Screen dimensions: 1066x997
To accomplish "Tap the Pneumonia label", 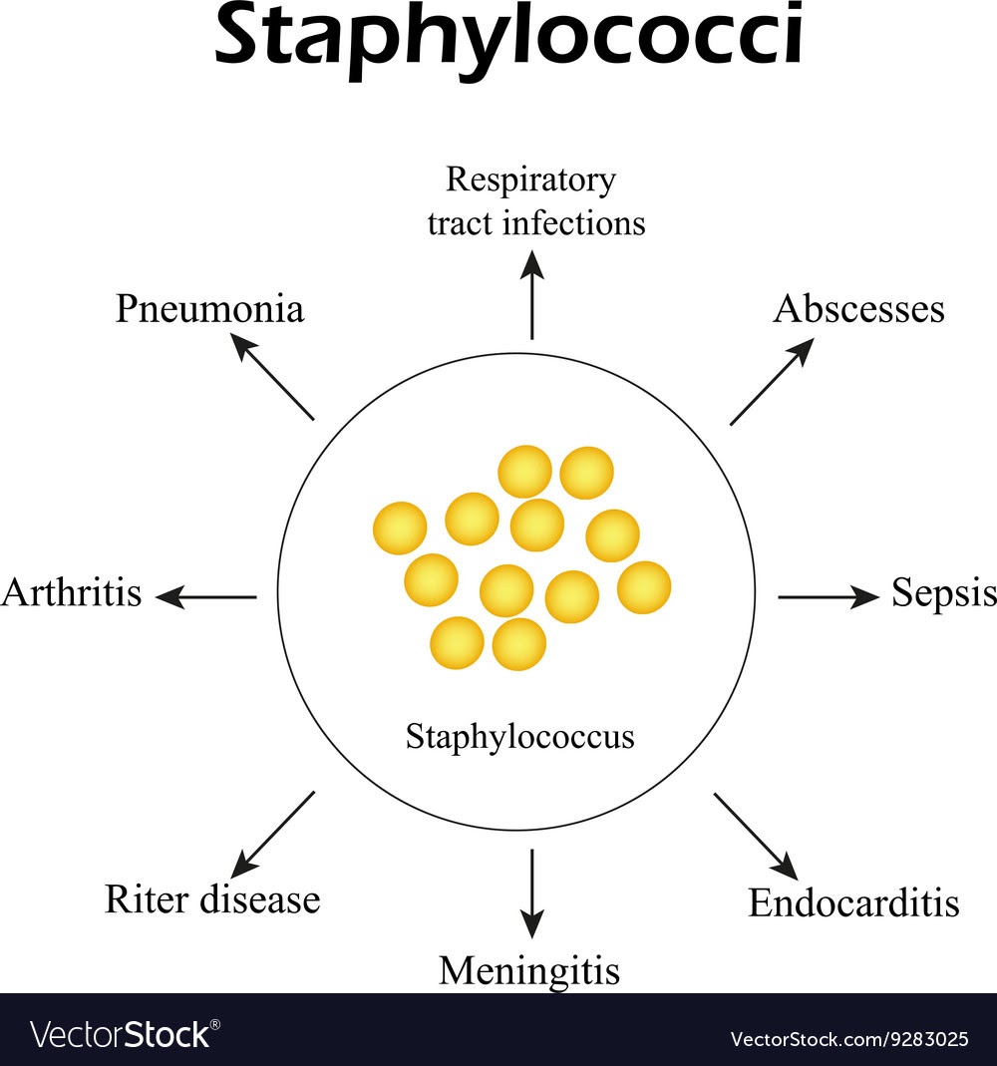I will [x=209, y=309].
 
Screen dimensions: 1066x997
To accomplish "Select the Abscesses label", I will [x=858, y=309].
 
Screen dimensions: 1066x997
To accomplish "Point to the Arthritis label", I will [x=72, y=593].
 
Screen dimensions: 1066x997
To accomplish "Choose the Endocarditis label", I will [x=853, y=902].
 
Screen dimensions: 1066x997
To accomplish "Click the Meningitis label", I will [x=529, y=969].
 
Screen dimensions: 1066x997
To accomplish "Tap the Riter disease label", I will [x=212, y=899].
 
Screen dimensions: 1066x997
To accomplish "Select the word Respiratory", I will [x=530, y=180].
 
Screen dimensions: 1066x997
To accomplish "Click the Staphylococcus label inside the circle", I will [x=519, y=737].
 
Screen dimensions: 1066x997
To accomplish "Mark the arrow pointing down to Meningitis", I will [x=532, y=892].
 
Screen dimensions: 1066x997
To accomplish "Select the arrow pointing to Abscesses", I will [x=772, y=382].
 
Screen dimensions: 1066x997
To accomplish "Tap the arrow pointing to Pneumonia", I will [x=273, y=376].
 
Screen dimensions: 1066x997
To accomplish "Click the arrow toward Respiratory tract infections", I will [x=532, y=294].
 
